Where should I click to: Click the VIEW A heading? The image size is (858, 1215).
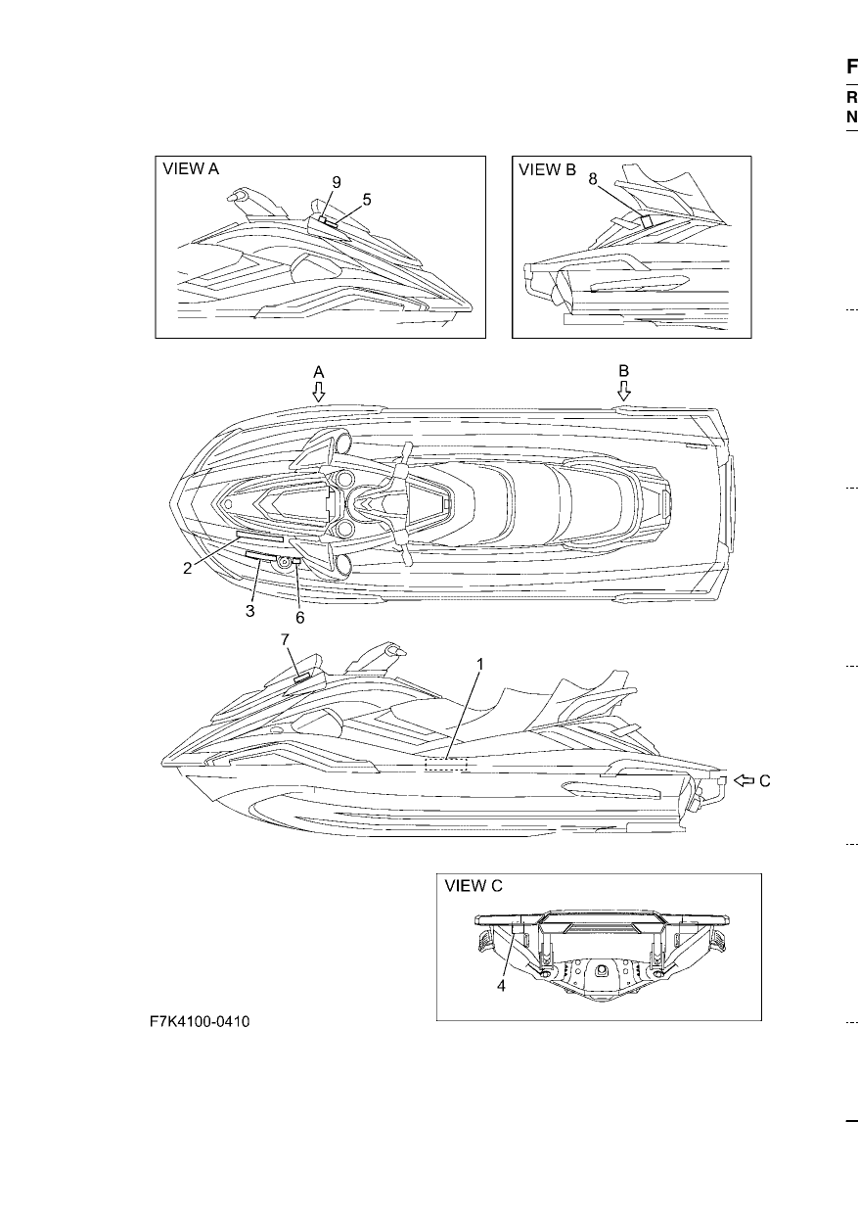[x=191, y=169]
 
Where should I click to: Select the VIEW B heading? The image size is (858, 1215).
[x=548, y=169]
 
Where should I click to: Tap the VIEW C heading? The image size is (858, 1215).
[x=474, y=886]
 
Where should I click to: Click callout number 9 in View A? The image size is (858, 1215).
[x=337, y=182]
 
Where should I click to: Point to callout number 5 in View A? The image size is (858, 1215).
[x=367, y=200]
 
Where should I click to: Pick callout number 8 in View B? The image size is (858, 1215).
[x=593, y=178]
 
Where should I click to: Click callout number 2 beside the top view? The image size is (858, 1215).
[x=188, y=569]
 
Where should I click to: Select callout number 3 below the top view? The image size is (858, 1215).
[x=249, y=611]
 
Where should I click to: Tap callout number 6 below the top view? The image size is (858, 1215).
[x=299, y=617]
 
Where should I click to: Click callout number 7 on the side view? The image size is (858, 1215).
[x=285, y=639]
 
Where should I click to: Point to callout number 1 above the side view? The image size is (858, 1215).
[x=479, y=665]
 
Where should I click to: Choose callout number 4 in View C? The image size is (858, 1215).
[x=501, y=986]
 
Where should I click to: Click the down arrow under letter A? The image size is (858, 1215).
[x=319, y=392]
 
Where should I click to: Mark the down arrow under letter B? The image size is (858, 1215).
[x=624, y=391]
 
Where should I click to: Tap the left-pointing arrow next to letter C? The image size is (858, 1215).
[x=744, y=780]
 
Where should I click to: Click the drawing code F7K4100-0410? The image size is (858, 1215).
[x=200, y=1022]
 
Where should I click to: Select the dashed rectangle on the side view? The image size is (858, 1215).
[x=445, y=765]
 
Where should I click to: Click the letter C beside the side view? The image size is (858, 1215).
[x=765, y=781]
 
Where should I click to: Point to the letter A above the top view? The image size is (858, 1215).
[x=319, y=372]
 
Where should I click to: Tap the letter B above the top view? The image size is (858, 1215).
[x=624, y=371]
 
